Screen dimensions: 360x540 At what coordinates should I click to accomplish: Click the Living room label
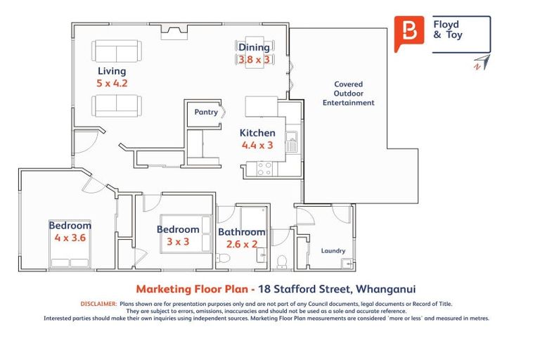[x=112, y=71]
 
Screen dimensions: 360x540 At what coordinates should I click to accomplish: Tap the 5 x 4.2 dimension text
[x=111, y=83]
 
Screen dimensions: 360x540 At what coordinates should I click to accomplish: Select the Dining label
[x=254, y=47]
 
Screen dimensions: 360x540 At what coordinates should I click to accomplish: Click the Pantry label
[x=206, y=112]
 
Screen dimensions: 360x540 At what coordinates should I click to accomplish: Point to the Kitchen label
[x=257, y=133]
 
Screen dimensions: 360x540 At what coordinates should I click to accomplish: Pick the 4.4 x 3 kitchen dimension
[x=257, y=146]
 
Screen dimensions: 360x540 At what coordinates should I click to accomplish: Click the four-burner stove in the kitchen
[x=265, y=168]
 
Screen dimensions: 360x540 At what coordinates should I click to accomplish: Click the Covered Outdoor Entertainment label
[x=348, y=94]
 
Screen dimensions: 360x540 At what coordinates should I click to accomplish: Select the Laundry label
[x=333, y=250]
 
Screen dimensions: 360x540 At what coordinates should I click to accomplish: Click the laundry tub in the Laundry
[x=347, y=264]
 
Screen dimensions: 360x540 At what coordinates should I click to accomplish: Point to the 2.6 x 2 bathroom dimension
[x=241, y=244]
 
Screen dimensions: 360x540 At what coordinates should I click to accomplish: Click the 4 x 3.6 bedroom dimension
[x=70, y=238]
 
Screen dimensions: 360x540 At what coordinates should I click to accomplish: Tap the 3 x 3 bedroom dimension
[x=177, y=241]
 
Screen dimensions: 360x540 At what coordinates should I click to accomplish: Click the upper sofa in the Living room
[x=116, y=51]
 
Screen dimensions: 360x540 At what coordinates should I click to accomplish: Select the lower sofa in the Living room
[x=116, y=105]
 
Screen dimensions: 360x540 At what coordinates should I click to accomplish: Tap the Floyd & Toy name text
[x=448, y=30]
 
